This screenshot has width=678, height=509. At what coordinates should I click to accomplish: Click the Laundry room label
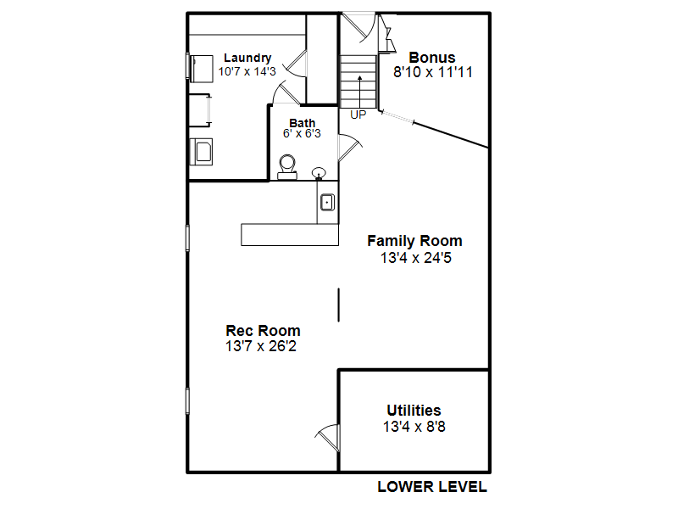[247, 58]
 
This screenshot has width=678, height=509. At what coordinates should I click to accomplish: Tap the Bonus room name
[432, 58]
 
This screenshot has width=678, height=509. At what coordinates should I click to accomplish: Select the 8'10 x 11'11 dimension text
[433, 72]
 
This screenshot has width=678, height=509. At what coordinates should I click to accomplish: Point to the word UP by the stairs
[358, 115]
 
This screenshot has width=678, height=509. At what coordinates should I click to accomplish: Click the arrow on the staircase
[359, 92]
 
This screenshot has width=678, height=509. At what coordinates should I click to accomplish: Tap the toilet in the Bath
[287, 167]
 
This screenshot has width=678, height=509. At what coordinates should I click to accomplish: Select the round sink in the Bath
[320, 173]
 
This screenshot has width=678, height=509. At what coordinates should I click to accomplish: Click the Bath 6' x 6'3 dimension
[302, 134]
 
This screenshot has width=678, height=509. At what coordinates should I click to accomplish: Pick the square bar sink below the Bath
[327, 202]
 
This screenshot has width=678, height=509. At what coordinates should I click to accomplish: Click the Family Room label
[414, 241]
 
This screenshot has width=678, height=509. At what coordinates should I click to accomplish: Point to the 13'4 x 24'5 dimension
[416, 258]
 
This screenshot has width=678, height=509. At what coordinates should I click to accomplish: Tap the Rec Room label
[263, 331]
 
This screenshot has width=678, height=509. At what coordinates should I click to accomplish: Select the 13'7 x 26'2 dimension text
[261, 346]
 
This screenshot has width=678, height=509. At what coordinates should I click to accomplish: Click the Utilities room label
[414, 411]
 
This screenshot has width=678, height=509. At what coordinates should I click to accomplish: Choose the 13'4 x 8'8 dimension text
[414, 427]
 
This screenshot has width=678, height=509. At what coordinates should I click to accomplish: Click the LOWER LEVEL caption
[432, 487]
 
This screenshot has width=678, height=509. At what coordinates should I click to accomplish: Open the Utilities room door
[329, 437]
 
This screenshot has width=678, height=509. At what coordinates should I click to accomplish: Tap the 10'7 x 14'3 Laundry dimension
[247, 72]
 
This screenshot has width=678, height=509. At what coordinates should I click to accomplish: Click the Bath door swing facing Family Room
[349, 147]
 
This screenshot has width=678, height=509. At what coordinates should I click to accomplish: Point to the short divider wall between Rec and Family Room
[338, 305]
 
